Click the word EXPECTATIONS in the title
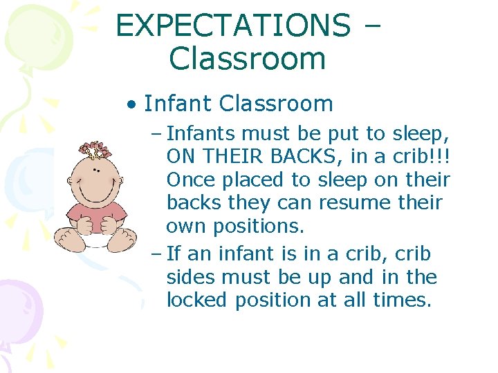[233, 26]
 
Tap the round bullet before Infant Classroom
[131, 105]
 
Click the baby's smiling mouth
[96, 191]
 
